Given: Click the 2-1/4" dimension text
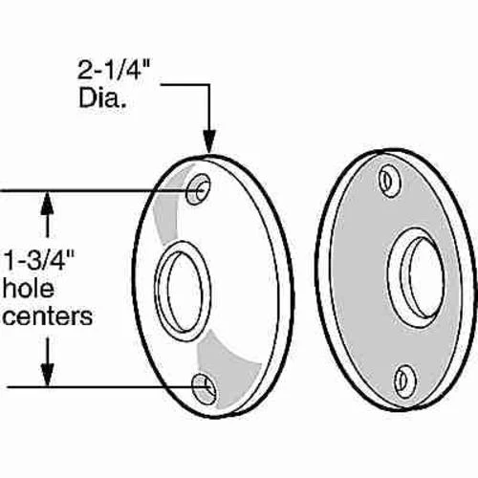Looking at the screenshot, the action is pos(114,70).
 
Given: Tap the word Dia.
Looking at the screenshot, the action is pos(101,98).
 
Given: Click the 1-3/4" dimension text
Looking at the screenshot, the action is pos(39,260).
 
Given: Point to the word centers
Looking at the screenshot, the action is pos(48,316).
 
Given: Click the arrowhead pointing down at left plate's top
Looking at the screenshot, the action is pos(209,141).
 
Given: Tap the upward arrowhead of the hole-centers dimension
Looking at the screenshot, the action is pos(48,203).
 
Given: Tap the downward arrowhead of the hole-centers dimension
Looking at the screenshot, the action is pos(48,375).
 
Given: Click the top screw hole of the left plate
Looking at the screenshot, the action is pos(198,189).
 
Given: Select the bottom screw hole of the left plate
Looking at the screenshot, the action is pos(204,389).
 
